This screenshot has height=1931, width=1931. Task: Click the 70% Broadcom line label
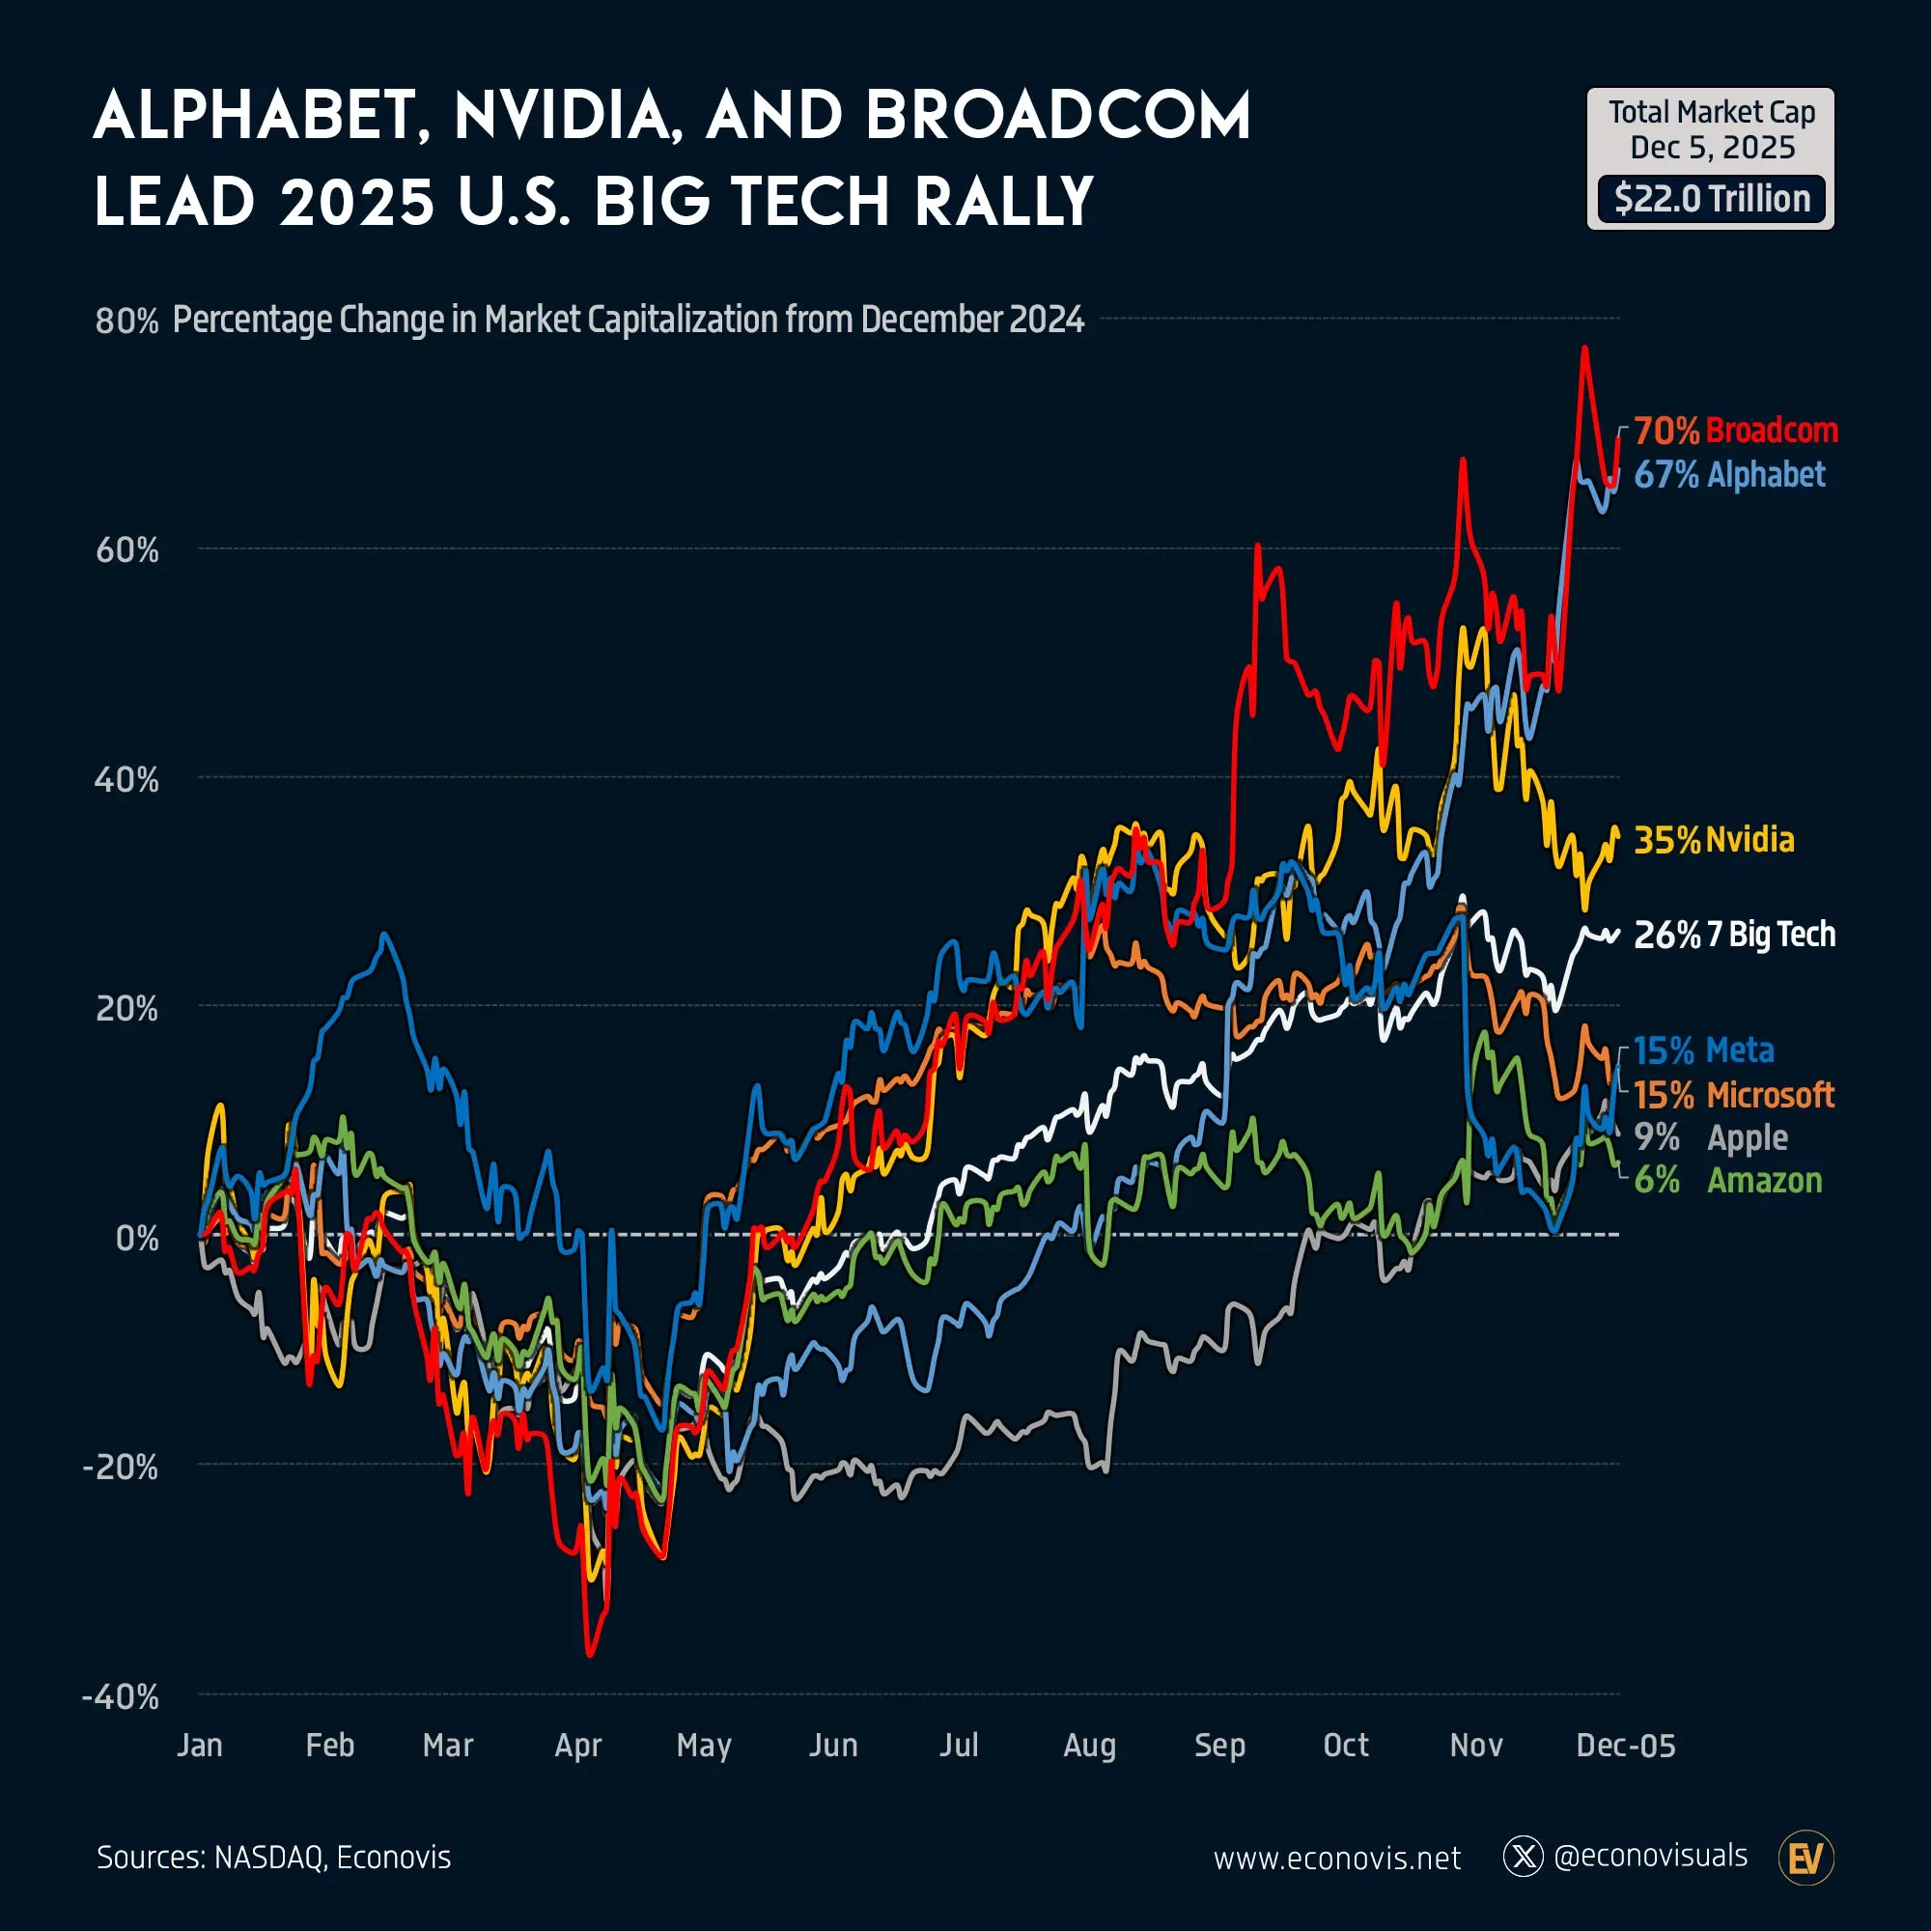click(x=1735, y=431)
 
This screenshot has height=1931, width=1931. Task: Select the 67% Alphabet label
click(x=1729, y=475)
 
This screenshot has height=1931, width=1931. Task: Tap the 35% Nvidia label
click(x=1713, y=840)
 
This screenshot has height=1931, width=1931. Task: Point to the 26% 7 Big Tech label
click(x=1734, y=935)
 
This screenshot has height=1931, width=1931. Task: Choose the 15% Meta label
click(x=1703, y=1050)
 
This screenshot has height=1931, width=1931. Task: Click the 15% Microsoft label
click(x=1734, y=1096)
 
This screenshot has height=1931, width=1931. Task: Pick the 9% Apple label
click(x=1710, y=1137)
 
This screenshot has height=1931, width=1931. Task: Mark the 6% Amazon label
click(x=1727, y=1181)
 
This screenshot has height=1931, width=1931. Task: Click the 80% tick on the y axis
click(x=126, y=321)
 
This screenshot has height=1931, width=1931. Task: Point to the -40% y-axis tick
click(x=121, y=1696)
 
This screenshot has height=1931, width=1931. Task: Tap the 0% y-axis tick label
click(x=137, y=1239)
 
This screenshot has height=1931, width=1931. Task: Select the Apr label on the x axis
click(x=577, y=1745)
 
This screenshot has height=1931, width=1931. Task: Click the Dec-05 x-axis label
click(x=1625, y=1745)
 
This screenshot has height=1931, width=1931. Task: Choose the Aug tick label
click(x=1089, y=1745)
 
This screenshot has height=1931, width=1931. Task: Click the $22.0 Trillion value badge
click(x=1711, y=199)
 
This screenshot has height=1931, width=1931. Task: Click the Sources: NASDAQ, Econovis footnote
click(x=273, y=1857)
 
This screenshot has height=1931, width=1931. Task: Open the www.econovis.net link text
click(x=1336, y=1858)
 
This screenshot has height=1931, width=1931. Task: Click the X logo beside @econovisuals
click(x=1524, y=1856)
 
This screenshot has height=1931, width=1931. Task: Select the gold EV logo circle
click(x=1806, y=1858)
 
